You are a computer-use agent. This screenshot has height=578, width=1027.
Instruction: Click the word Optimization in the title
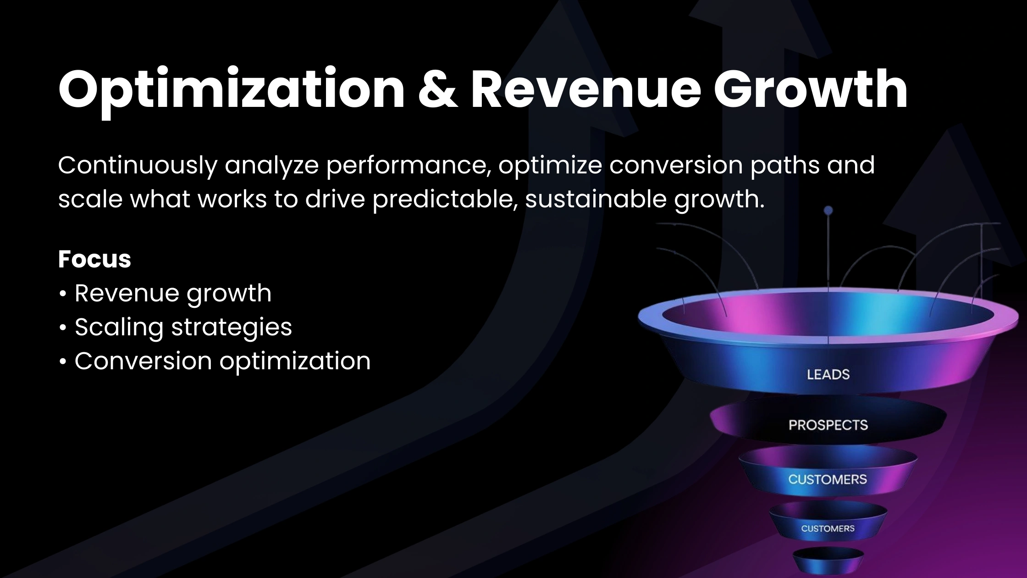(x=232, y=89)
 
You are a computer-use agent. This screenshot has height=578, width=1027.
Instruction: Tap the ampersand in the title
(x=438, y=89)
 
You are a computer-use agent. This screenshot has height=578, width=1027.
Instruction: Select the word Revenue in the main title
(x=585, y=89)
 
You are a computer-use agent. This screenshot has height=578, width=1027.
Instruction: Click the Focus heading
(x=94, y=259)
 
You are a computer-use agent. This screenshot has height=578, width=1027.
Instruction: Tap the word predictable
(x=445, y=200)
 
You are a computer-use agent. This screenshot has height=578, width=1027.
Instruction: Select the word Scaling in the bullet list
(x=119, y=328)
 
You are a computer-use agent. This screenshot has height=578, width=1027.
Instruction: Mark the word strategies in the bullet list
(x=232, y=328)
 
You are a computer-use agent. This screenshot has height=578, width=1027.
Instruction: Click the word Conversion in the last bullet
(x=143, y=361)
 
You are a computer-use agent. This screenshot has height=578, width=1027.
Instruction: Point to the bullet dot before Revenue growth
(x=63, y=294)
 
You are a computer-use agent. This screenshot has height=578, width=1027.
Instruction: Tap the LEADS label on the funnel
(x=828, y=375)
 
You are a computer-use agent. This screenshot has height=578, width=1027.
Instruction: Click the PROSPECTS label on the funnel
(x=828, y=425)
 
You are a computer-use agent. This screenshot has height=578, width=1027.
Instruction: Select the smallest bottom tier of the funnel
(x=828, y=560)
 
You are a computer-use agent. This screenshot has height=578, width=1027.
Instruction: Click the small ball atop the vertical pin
(x=828, y=211)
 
